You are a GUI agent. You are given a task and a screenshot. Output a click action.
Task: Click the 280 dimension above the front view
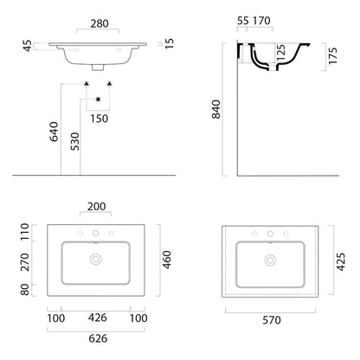(100, 23)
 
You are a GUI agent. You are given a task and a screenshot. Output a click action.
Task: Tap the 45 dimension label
(28, 46)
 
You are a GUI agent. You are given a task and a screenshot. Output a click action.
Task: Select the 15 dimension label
(170, 43)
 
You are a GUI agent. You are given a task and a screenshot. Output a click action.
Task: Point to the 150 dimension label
(100, 119)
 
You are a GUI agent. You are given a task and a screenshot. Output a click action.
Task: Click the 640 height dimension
(54, 132)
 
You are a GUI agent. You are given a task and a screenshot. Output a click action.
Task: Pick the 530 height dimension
(74, 141)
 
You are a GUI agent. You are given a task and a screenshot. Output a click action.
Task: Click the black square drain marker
(98, 100)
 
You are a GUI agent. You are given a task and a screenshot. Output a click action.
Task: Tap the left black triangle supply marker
(87, 84)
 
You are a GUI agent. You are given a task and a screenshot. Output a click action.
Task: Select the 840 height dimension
(216, 109)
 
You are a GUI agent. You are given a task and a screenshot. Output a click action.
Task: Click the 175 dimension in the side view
(332, 56)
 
